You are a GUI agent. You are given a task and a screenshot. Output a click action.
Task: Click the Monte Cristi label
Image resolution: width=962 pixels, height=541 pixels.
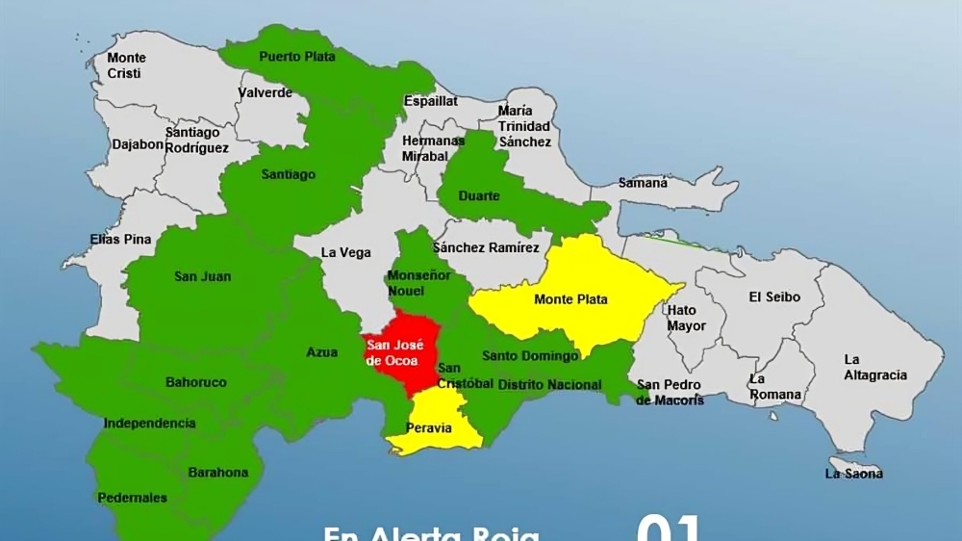126,65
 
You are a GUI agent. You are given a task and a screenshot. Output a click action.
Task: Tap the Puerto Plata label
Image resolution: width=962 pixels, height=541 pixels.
297,57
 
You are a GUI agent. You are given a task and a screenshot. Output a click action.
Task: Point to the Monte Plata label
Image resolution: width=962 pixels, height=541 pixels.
570,299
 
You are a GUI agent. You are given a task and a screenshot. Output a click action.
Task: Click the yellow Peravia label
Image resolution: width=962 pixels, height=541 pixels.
429,428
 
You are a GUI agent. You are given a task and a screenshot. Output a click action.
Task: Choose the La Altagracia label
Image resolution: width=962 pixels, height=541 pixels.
874,368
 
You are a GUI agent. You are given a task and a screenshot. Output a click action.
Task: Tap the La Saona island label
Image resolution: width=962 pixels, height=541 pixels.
854,474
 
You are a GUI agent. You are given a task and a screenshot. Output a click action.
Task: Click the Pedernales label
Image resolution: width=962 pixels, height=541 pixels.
132,498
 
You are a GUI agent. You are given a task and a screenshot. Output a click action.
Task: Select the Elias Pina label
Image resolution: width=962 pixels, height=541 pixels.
120,239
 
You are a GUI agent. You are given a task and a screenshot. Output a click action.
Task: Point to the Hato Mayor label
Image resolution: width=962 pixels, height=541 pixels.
686,318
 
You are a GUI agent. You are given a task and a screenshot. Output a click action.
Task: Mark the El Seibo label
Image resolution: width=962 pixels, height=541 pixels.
774,297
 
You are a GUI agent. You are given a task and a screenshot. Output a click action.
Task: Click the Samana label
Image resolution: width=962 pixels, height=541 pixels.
642,183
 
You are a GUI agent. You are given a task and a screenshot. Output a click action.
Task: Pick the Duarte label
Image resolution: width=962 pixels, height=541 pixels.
479,196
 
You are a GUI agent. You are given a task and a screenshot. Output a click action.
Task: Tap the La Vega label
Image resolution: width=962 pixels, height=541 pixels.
345,253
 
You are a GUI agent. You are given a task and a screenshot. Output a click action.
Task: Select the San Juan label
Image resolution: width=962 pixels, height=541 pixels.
202,277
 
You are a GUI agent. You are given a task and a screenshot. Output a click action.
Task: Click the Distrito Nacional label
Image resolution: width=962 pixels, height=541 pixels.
550,385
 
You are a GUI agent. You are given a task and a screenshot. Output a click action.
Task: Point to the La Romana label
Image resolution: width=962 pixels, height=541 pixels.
775,387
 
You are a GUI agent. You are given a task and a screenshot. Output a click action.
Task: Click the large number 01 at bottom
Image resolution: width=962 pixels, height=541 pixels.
669,528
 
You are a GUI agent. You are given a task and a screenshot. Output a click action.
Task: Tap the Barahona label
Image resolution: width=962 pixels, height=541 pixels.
217,473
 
